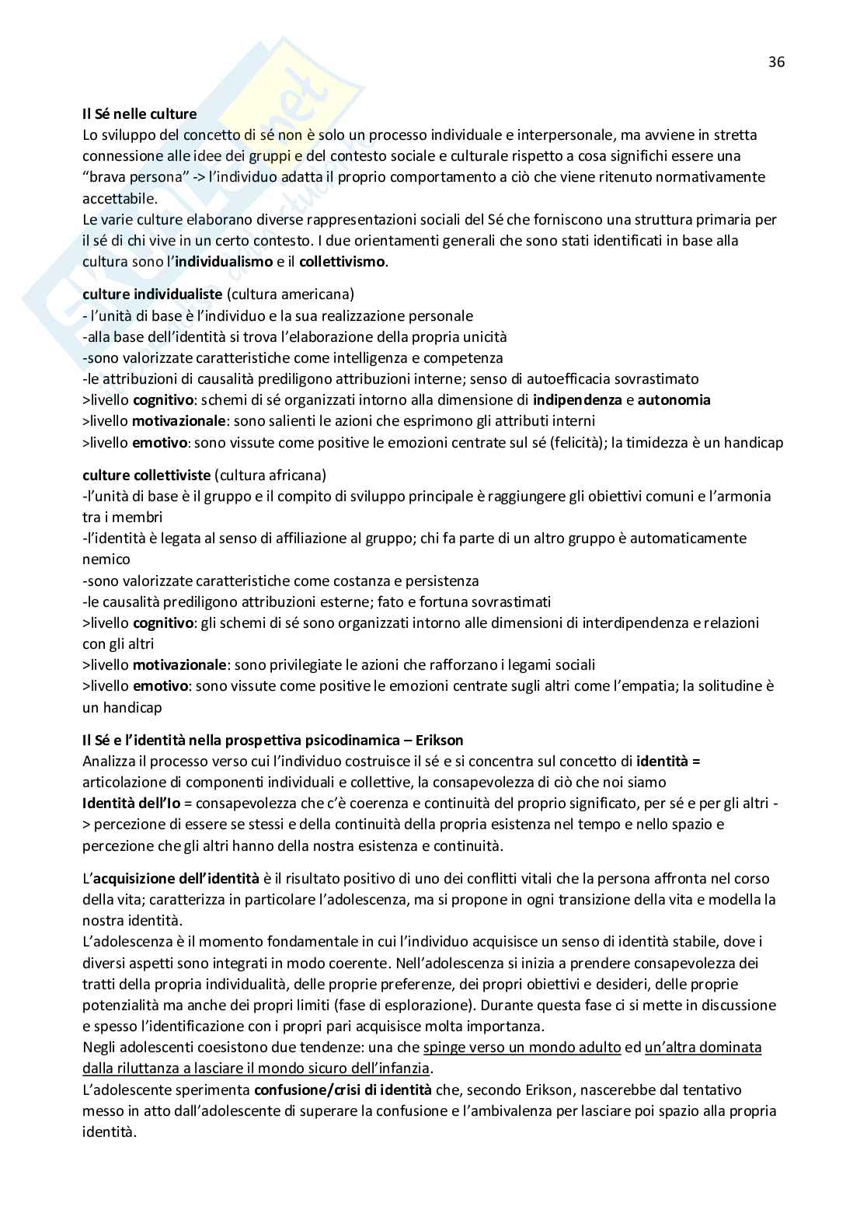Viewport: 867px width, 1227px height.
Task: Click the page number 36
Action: (x=776, y=62)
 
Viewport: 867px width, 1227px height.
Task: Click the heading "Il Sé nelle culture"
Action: (x=139, y=114)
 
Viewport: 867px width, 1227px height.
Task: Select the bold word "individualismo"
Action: (x=223, y=262)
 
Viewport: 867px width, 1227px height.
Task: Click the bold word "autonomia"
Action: (x=674, y=400)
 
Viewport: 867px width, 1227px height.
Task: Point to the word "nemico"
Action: (x=106, y=559)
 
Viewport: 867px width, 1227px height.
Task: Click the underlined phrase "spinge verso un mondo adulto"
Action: (x=522, y=1047)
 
